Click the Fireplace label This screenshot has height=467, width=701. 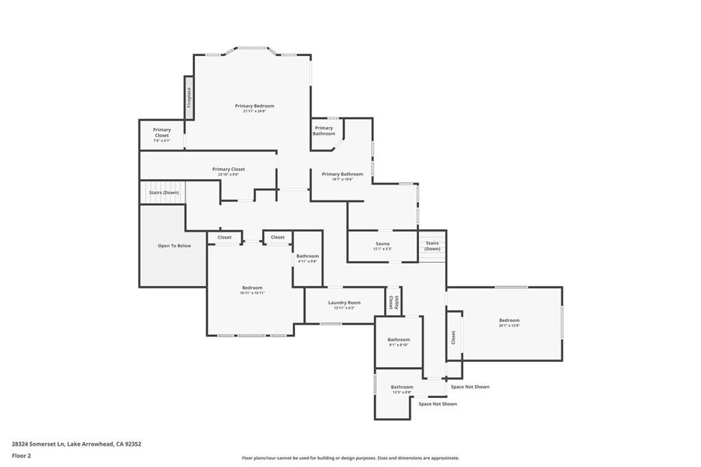click(190, 98)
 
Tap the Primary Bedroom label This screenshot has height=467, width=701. click(254, 106)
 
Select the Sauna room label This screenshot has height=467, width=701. click(382, 243)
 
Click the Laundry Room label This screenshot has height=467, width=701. click(344, 302)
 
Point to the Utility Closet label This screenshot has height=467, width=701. click(392, 302)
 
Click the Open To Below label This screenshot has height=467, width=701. click(175, 245)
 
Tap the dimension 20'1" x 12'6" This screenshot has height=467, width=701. click(509, 325)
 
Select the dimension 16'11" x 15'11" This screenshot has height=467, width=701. click(252, 293)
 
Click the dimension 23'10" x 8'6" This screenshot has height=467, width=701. click(228, 174)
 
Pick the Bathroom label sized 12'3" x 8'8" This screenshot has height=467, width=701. click(402, 387)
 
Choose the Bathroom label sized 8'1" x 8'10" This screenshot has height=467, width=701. click(398, 340)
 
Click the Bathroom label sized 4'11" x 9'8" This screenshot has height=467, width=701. click(307, 256)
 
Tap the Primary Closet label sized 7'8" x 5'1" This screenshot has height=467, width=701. click(162, 130)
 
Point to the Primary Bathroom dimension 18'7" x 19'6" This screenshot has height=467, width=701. click(342, 179)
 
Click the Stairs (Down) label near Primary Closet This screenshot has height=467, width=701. click(164, 193)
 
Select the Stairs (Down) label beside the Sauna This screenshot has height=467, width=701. click(432, 245)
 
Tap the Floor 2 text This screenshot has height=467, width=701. click(22, 455)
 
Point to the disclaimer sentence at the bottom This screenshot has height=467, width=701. click(350, 458)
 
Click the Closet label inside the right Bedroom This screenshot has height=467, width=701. click(453, 337)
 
